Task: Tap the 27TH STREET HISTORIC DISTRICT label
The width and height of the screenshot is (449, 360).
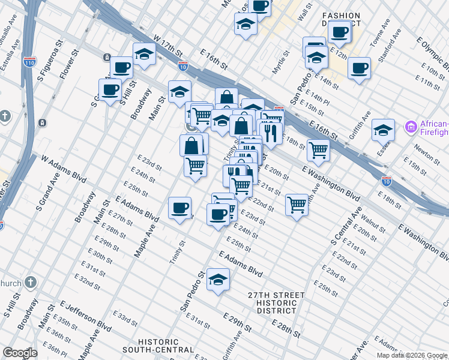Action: (276, 303)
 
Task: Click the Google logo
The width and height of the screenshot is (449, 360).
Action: (19, 353)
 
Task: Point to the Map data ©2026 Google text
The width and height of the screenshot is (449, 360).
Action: (412, 355)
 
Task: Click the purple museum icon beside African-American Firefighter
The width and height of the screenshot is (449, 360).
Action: (411, 127)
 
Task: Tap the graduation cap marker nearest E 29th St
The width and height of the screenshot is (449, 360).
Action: (218, 279)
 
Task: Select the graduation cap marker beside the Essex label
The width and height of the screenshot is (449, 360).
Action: (383, 130)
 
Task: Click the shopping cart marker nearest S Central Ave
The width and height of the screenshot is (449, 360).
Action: (297, 205)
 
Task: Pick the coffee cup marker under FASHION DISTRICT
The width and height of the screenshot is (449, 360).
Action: (340, 32)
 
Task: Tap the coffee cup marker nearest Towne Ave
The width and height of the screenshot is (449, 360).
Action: (359, 68)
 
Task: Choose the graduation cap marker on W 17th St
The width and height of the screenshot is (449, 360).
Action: (144, 55)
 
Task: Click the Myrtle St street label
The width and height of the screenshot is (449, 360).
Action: (280, 62)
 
